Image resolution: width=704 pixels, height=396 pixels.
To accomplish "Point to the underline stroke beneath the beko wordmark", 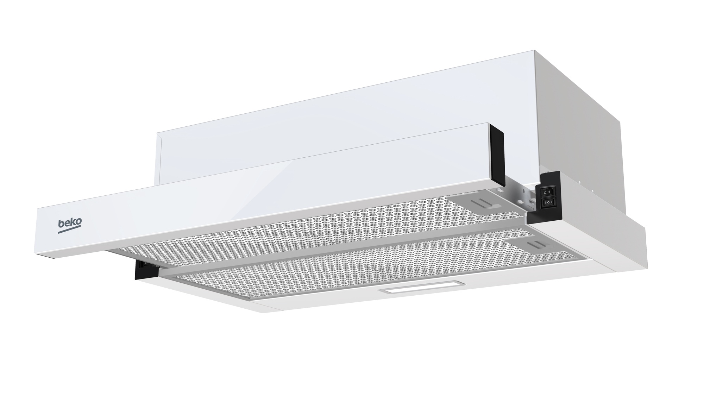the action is click(x=70, y=231).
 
